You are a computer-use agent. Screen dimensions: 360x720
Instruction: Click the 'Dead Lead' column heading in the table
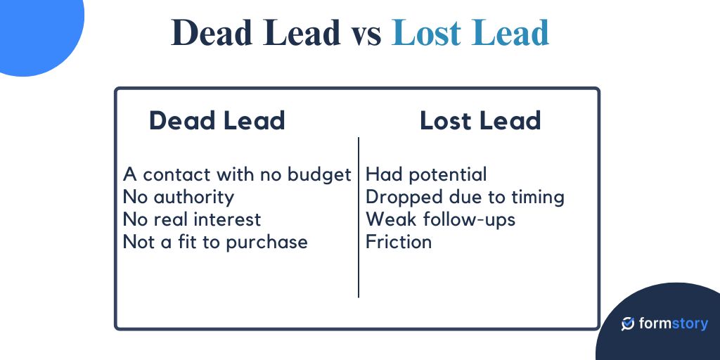tap(217, 121)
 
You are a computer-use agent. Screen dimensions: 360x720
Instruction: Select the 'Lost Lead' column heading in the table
tap(480, 121)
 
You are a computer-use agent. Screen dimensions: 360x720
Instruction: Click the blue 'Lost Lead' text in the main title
tap(470, 33)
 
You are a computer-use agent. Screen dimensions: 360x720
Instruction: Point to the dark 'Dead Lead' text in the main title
tap(255, 33)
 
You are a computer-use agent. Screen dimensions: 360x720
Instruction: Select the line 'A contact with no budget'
tap(237, 174)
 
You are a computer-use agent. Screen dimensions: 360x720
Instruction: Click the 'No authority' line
tap(178, 197)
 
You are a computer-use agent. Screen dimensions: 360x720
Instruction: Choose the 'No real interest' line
tap(191, 219)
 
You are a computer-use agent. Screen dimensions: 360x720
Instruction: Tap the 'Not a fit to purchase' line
tap(215, 242)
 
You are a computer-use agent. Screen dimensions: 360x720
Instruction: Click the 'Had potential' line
tap(426, 174)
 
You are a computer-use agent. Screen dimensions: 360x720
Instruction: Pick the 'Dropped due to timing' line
tap(465, 197)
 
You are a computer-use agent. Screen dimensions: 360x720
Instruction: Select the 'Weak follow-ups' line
tap(440, 219)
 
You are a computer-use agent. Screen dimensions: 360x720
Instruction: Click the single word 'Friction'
tap(399, 242)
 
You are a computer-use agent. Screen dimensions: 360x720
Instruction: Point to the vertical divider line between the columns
tap(359, 218)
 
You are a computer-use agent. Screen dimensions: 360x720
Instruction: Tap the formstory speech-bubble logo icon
tap(628, 323)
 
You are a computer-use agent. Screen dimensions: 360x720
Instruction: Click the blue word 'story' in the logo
tap(687, 324)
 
